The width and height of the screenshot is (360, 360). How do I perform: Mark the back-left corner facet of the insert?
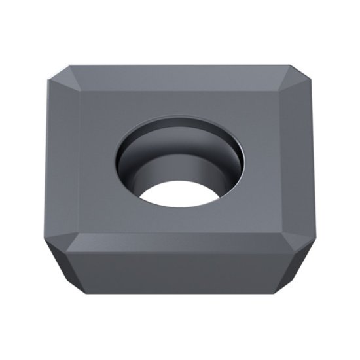[x=64, y=74]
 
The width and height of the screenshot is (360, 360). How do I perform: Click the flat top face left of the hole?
[x=95, y=157]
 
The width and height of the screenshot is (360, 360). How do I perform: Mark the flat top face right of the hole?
[x=268, y=157]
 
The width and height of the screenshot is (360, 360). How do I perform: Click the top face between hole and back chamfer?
[x=180, y=101]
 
